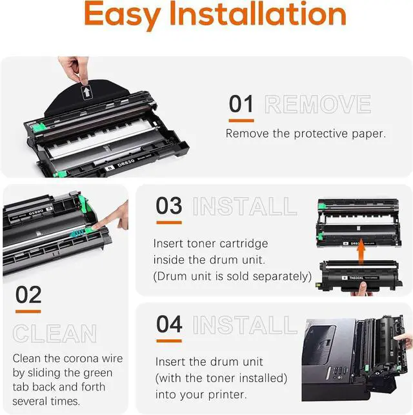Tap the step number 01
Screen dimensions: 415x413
tap(241, 103)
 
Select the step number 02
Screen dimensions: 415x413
tap(28, 295)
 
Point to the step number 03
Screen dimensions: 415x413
tap(169, 206)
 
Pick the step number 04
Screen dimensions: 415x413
tap(169, 324)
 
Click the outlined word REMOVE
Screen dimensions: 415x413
tap(317, 104)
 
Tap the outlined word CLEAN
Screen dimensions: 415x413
tap(55, 334)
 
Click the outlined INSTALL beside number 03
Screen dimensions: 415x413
tap(245, 207)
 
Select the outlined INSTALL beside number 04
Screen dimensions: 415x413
tap(245, 325)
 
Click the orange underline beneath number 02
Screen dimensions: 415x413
tap(28, 312)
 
